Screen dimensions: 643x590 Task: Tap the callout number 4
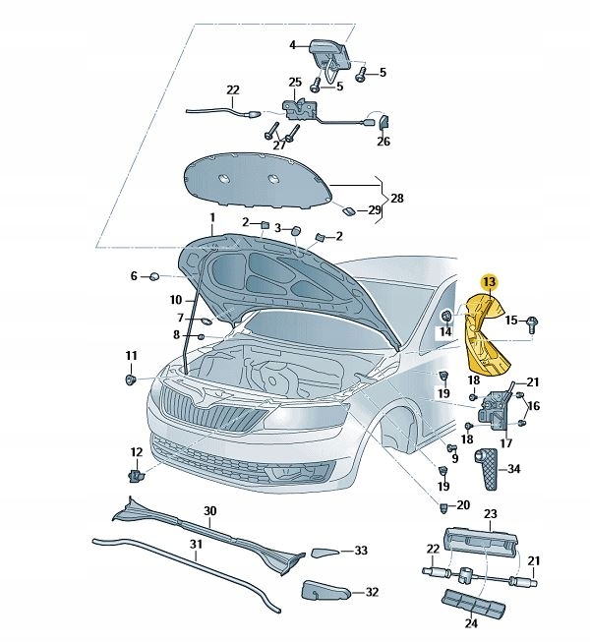[292, 45]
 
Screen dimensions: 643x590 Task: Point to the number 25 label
[295, 82]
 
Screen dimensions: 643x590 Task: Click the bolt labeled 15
[532, 322]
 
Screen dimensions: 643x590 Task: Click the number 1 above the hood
[210, 217]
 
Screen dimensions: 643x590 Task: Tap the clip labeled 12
[136, 476]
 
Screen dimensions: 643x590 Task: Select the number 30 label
[209, 511]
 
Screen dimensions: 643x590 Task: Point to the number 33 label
[361, 551]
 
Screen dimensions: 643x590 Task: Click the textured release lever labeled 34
[489, 470]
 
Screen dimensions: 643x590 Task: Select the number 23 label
[491, 513]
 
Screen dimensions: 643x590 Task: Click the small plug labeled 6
[155, 277]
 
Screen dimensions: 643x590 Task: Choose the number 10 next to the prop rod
[176, 299]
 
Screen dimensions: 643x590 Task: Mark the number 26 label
[383, 142]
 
